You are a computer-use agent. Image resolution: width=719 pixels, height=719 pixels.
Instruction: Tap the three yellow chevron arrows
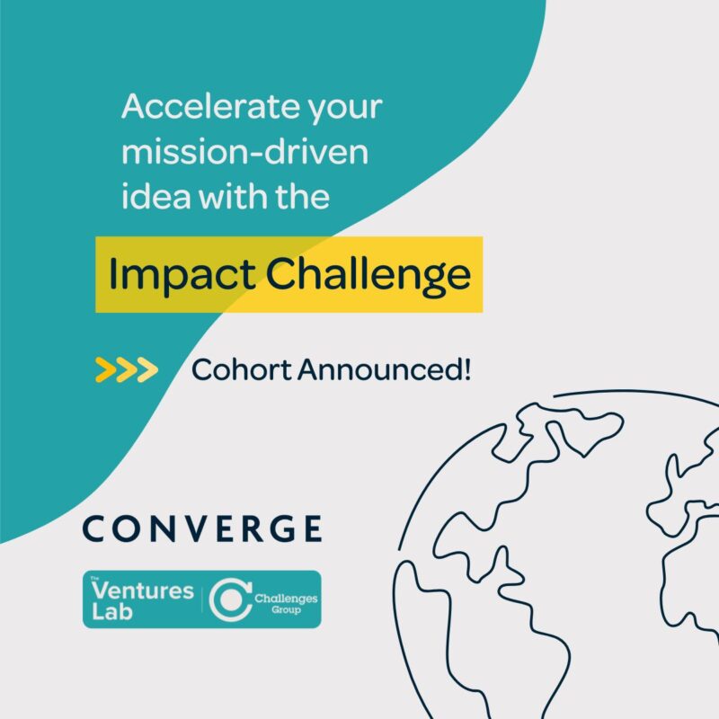pyautogui.click(x=126, y=368)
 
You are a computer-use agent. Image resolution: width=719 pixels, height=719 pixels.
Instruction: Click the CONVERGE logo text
pyautogui.click(x=201, y=528)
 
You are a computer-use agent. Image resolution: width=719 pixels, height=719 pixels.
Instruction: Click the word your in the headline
pyautogui.click(x=346, y=110)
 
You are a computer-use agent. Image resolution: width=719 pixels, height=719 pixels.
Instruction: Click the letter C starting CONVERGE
pyautogui.click(x=93, y=528)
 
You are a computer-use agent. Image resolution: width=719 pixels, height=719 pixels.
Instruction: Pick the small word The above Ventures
pyautogui.click(x=95, y=580)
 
